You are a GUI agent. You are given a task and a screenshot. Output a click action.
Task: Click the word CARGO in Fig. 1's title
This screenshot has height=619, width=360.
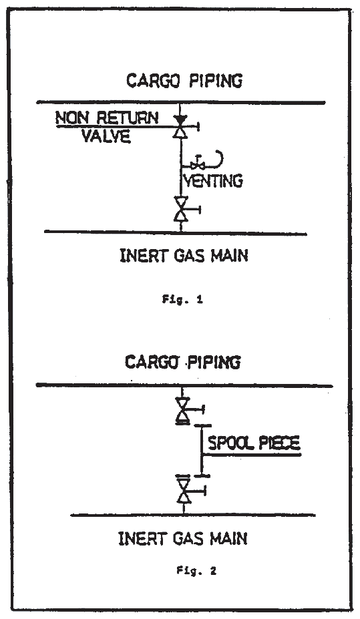pyautogui.click(x=153, y=81)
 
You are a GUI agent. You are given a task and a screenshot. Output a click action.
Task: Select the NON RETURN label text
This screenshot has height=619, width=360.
pyautogui.click(x=107, y=118)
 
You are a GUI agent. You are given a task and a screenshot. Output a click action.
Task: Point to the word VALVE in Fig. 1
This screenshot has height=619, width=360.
pyautogui.click(x=106, y=136)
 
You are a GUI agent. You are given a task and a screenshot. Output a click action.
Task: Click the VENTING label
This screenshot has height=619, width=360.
pyautogui.click(x=214, y=181)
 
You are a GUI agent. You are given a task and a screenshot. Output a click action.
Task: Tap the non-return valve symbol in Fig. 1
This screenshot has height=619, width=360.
pyautogui.click(x=180, y=126)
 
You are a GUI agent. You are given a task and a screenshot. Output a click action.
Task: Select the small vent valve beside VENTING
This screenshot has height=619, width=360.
pyautogui.click(x=197, y=163)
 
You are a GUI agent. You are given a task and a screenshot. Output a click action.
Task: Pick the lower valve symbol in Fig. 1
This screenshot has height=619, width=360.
pyautogui.click(x=181, y=209)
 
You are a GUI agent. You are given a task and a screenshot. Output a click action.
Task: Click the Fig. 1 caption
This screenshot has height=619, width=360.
pyautogui.click(x=182, y=300)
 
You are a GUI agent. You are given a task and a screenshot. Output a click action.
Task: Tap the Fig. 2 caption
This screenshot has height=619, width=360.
pyautogui.click(x=196, y=570)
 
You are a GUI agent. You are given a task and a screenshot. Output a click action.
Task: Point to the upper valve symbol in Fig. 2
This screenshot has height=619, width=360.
pyautogui.click(x=183, y=411)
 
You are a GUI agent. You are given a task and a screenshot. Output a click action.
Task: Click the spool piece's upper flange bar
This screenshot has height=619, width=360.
pyautogui.click(x=202, y=426)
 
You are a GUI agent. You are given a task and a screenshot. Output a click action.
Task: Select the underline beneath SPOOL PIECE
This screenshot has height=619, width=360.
pyautogui.click(x=251, y=455)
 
